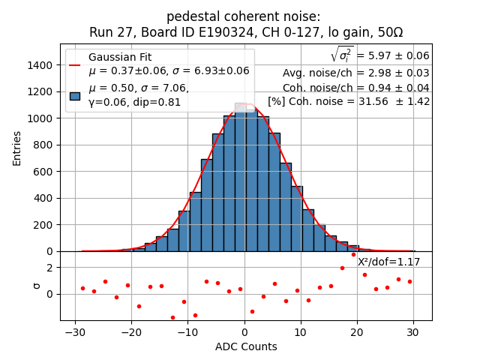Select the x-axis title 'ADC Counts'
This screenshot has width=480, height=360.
pyautogui.click(x=246, y=346)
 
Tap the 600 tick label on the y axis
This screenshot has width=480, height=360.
pyautogui.click(x=43, y=172)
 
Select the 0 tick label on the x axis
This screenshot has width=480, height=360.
pyautogui.click(x=244, y=332)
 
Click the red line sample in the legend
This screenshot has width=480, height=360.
pyautogui.click(x=75, y=64)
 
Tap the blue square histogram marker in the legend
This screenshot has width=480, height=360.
pyautogui.click(x=75, y=95)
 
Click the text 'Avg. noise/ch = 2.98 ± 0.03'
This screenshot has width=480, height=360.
pyautogui.click(x=356, y=73)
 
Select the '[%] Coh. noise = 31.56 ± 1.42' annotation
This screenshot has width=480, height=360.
pyautogui.click(x=349, y=101)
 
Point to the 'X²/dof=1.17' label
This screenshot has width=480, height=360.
pyautogui.click(x=388, y=262)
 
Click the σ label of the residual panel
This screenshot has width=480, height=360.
pyautogui.click(x=37, y=286)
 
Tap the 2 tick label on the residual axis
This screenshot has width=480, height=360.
pyautogui.click(x=49, y=268)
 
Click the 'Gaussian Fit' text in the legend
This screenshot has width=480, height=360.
pyautogui.click(x=120, y=57)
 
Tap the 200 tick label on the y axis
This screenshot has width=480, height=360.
pyautogui.click(x=43, y=225)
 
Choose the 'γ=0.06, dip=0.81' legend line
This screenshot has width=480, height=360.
pyautogui.click(x=135, y=102)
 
